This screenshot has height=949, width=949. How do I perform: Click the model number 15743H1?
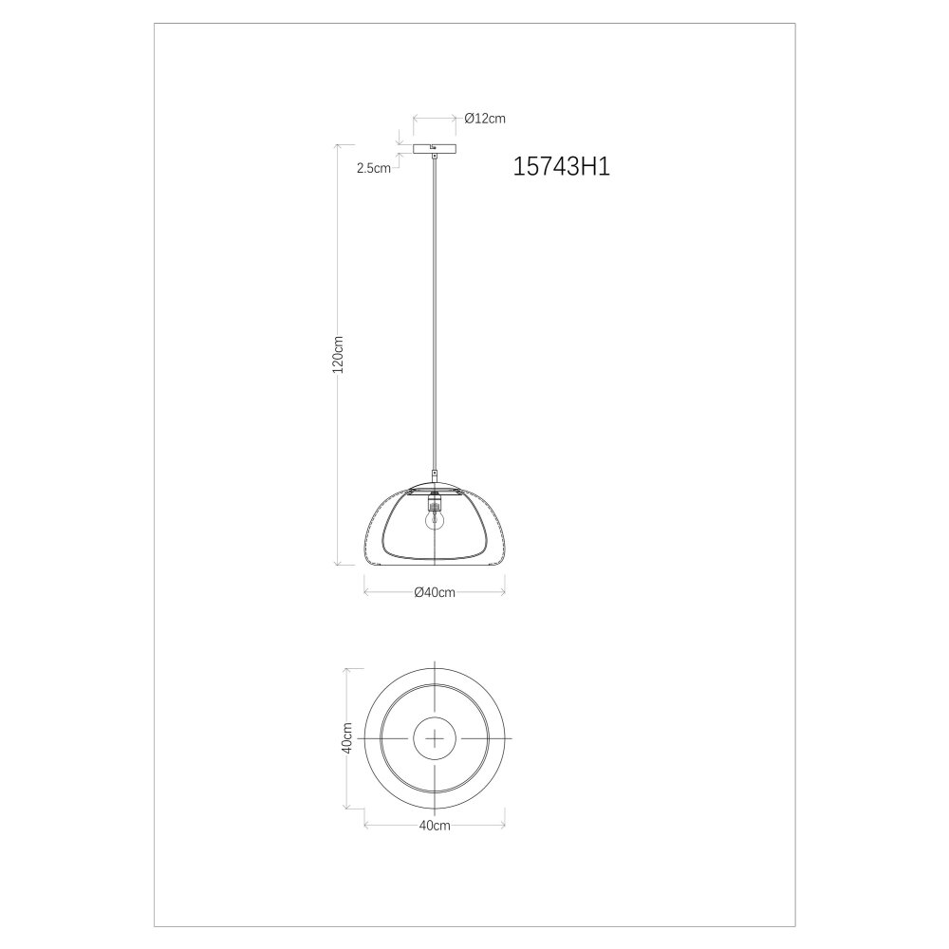562,166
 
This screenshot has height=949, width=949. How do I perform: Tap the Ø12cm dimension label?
485,119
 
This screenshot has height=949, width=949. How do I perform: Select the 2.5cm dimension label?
373,168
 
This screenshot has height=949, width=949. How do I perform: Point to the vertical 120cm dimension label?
339,355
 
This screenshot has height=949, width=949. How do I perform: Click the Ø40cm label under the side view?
435,592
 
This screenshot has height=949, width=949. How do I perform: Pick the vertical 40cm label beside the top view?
346,737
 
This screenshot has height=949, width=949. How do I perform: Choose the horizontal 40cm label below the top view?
435,825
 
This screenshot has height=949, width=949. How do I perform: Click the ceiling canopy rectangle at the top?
435,148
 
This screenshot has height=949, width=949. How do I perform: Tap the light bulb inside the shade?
434,519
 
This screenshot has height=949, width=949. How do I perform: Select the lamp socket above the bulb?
434,501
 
